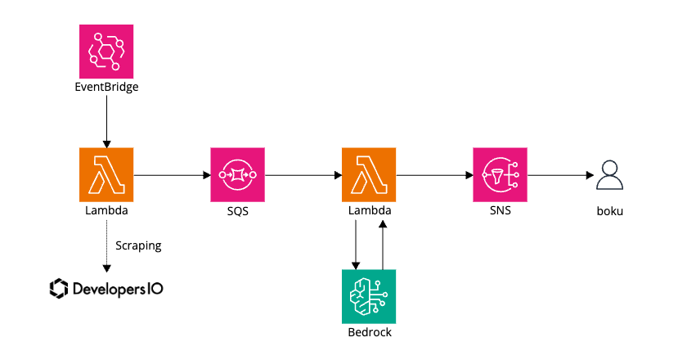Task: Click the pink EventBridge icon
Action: point(106,51)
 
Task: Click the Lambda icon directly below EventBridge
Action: point(106,175)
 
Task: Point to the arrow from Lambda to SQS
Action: point(171,175)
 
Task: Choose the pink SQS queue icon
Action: point(237,175)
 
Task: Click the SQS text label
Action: point(237,211)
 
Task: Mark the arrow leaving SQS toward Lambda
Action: point(303,175)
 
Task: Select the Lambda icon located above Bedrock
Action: point(368,175)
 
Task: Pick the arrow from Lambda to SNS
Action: point(433,175)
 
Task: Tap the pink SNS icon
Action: point(500,175)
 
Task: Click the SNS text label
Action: point(500,211)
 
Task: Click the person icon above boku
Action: point(609,174)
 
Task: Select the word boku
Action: point(609,211)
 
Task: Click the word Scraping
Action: point(138,245)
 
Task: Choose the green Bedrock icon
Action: point(368,296)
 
